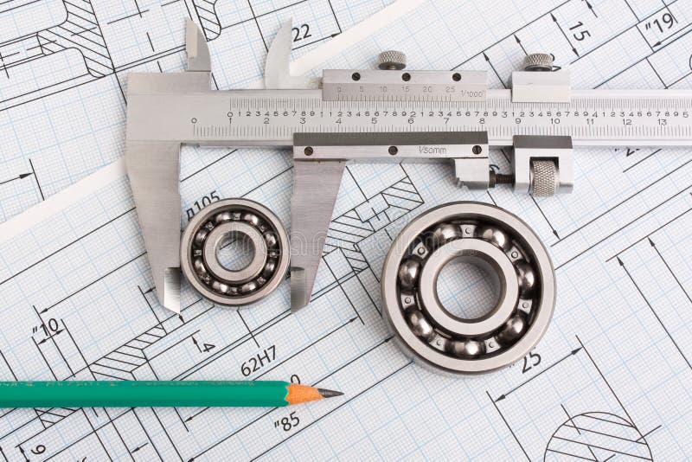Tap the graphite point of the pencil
pos(333,394)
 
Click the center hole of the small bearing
pos(234,252)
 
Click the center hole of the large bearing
pos(469,287)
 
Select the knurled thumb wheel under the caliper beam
pos(543,177)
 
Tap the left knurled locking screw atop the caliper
pos(392,60)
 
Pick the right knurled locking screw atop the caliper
pos(538,61)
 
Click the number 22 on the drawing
pos(301,33)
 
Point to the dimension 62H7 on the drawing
pos(259,360)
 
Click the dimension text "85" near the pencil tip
pos(287,422)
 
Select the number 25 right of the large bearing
pos(530,361)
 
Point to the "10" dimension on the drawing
pos(48,328)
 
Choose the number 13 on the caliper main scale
pos(661,122)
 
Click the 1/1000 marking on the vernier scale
pos(472,93)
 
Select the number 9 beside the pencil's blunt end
pos(37,449)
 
